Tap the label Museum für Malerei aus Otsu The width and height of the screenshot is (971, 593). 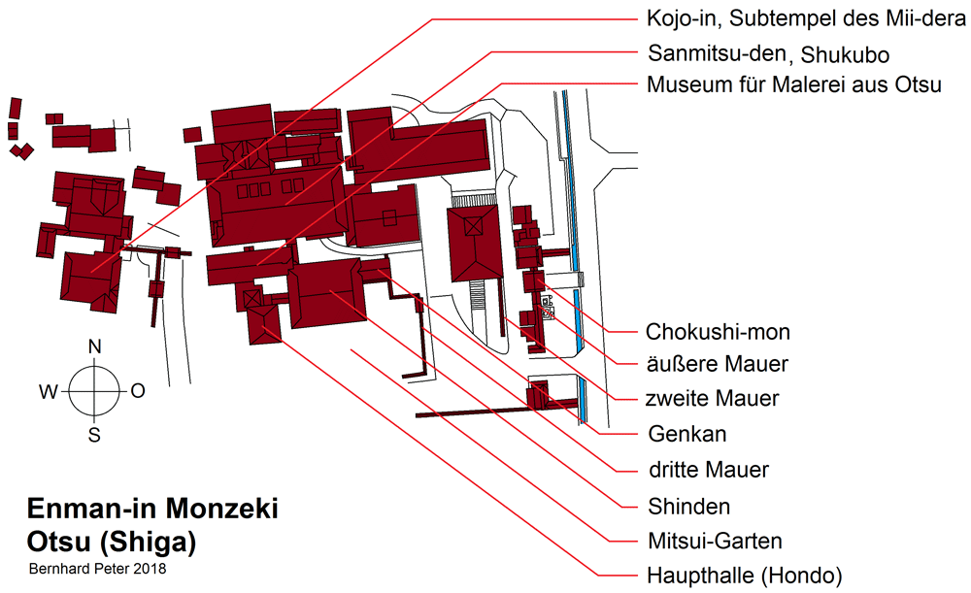point(793,84)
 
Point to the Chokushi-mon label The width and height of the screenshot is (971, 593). point(718,332)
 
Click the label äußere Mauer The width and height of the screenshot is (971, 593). point(717,365)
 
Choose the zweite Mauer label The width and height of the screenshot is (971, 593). point(712,398)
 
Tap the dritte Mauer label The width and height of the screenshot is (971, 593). point(707,470)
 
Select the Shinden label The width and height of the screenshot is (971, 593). point(687,506)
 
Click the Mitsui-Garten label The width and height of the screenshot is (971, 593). point(714,541)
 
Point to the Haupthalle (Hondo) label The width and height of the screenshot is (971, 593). point(744,576)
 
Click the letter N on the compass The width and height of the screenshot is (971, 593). point(95,346)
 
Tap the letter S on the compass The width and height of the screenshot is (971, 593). point(94,436)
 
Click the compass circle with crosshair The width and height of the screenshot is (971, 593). point(94,391)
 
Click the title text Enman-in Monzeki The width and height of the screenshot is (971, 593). point(152,510)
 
